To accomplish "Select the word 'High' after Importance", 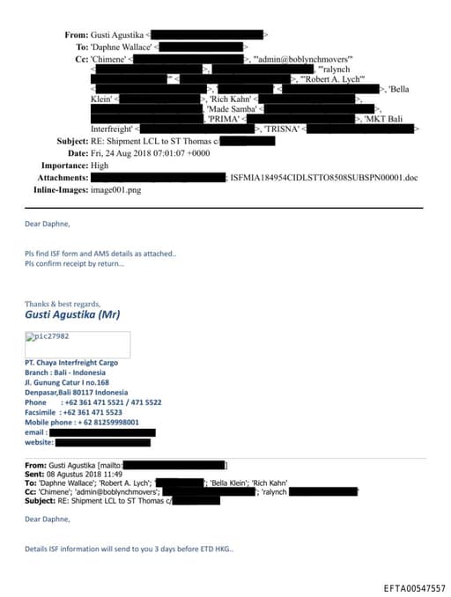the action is (x=100, y=165).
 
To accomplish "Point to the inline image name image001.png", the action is (x=115, y=189).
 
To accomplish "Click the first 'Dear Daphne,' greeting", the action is (x=47, y=225).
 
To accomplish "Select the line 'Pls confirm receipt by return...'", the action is (x=74, y=263).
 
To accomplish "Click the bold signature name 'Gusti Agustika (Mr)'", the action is (x=72, y=315).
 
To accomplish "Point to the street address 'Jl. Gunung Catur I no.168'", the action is (x=67, y=382).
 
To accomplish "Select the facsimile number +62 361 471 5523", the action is (x=92, y=412).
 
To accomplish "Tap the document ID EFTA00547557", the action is (x=414, y=586).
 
